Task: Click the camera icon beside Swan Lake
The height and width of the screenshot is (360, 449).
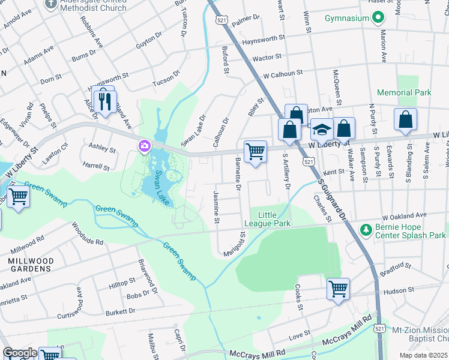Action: [x=144, y=146]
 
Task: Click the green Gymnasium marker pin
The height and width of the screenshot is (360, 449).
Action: [x=378, y=19]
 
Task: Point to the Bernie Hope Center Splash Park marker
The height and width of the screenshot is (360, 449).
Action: [x=365, y=230]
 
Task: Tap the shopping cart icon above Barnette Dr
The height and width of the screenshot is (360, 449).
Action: [x=256, y=152]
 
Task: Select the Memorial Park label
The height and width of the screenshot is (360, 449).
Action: [x=404, y=93]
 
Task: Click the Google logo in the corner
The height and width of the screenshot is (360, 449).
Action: [x=20, y=353]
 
